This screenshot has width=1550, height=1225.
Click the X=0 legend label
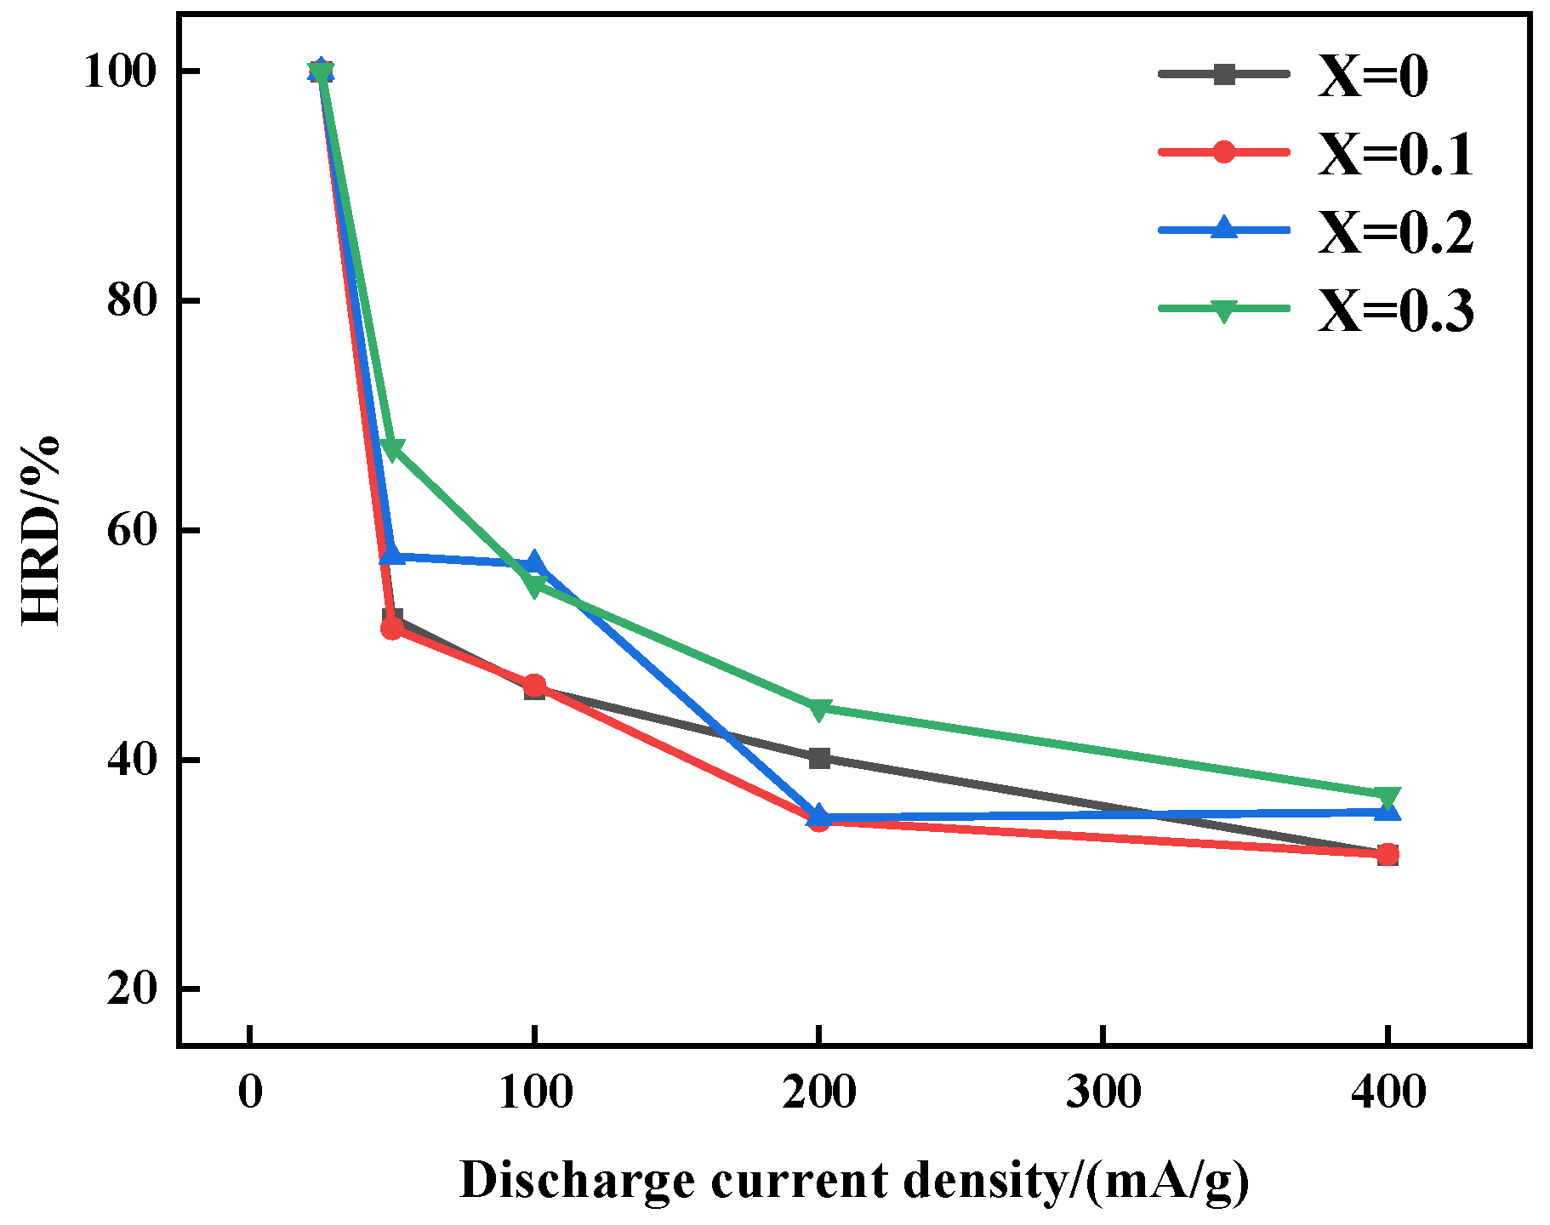click(x=1372, y=77)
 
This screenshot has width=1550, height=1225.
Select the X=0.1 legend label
click(x=1395, y=155)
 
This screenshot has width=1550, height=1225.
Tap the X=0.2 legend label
click(x=1395, y=232)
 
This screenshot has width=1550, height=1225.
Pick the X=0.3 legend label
click(x=1395, y=311)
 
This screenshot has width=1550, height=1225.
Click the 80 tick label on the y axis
click(x=132, y=301)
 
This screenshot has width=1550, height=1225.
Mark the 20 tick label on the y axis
click(x=132, y=989)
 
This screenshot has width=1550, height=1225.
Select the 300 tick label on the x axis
click(x=1103, y=1091)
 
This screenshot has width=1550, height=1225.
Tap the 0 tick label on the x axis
click(x=250, y=1091)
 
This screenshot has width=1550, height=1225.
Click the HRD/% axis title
click(x=40, y=530)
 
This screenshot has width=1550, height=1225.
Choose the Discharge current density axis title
click(x=854, y=1181)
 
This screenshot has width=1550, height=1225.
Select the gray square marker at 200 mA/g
click(x=818, y=758)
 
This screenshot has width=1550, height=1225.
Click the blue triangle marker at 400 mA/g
click(x=1388, y=811)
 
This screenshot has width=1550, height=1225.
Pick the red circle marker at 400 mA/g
click(x=1388, y=854)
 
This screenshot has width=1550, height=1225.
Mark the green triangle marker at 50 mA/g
click(x=392, y=449)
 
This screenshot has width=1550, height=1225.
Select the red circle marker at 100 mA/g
click(x=534, y=685)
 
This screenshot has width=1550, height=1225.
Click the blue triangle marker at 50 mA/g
click(x=391, y=555)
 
